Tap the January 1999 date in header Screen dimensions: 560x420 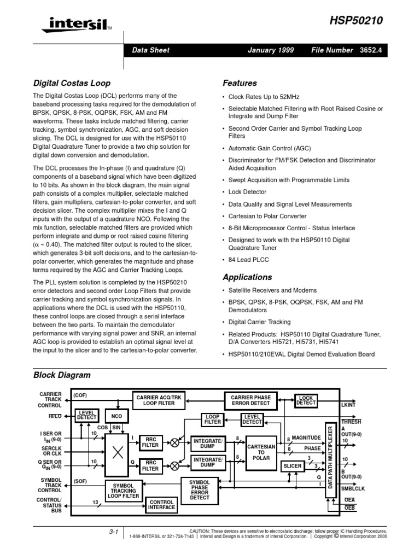coord(271,50)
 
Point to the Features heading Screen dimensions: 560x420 coord(240,84)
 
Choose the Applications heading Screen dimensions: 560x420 coord(247,277)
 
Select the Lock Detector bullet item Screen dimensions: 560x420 coord(247,192)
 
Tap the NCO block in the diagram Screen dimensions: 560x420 coord(116,416)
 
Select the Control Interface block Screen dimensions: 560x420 coord(162,504)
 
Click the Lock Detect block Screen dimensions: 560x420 coord(306,400)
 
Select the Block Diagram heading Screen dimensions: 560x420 coord(62,375)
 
